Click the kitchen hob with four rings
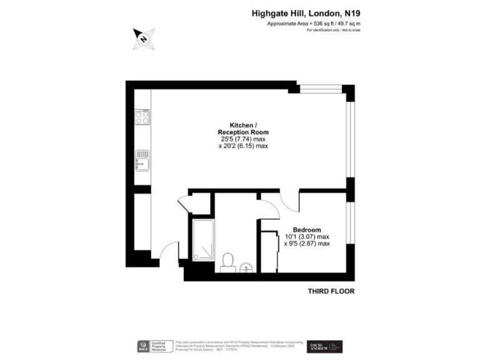[x=142, y=116]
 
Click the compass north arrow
[x=144, y=39]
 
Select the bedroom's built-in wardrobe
[x=269, y=251]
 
